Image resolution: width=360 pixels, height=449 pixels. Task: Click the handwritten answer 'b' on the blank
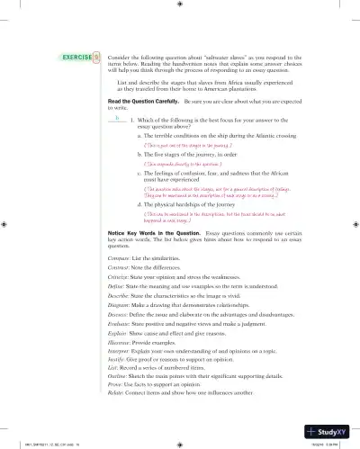coord(117,116)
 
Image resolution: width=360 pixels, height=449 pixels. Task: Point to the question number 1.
coord(132,120)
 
